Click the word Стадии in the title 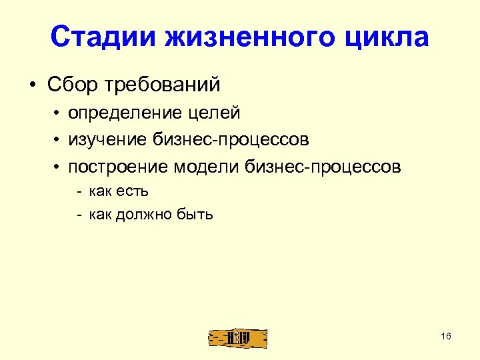coord(94,38)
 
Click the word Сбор coord(71,85)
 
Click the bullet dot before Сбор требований coord(32,86)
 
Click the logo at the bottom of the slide coord(237,337)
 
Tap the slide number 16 coord(446,336)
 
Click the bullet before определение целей coord(59,115)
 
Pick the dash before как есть coord(79,192)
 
